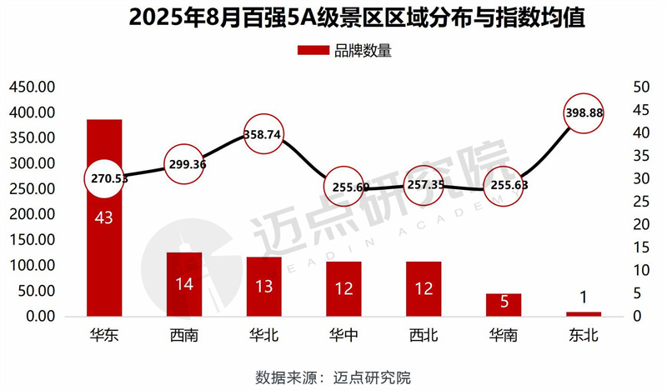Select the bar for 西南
(184, 284)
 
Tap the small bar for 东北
(583, 313)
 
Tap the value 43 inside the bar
(104, 218)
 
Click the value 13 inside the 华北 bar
(264, 286)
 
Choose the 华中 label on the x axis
(344, 337)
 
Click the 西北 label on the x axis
(424, 337)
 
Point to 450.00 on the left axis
(32, 87)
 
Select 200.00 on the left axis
(32, 214)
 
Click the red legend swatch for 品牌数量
(313, 50)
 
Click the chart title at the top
(333, 18)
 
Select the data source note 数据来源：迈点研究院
(333, 376)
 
